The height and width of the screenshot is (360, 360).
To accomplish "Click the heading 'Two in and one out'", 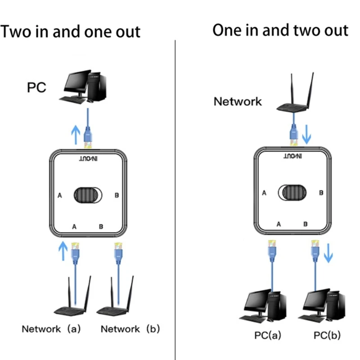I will coord(70,32).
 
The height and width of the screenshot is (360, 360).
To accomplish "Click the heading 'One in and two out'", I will coord(280,30).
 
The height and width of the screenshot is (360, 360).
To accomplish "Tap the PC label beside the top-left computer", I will coord(36,87).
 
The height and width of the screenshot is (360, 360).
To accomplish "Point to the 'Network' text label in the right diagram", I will coord(237,101).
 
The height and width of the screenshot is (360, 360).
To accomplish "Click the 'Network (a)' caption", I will coord(51,329).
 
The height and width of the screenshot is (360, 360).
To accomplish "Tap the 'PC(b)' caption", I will coord(327,336).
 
